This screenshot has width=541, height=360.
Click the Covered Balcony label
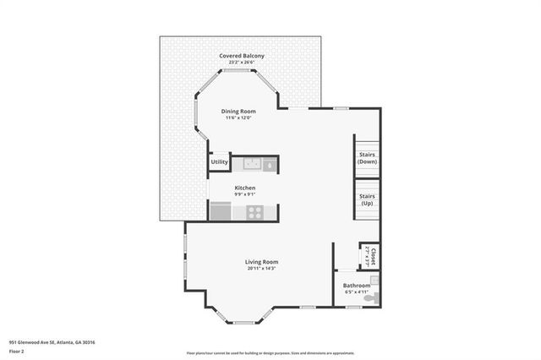[x=242, y=56]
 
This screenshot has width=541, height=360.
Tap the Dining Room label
[x=238, y=112]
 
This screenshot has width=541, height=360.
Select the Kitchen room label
[x=244, y=188]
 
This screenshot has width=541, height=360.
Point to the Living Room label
[x=262, y=262]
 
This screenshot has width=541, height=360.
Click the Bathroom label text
[x=356, y=286]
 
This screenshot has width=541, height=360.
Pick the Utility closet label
[x=219, y=161]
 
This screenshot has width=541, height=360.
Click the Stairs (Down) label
[x=367, y=159]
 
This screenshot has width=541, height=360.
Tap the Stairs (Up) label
[x=367, y=199]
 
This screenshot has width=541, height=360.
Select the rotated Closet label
[x=369, y=256]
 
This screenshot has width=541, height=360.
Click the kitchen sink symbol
[x=268, y=165]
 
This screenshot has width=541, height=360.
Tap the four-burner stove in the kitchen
[x=254, y=212]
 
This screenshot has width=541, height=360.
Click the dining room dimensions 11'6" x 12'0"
[x=238, y=118]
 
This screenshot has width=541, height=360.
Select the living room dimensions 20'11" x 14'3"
[x=262, y=269]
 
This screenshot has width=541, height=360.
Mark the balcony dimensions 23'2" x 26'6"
[x=242, y=63]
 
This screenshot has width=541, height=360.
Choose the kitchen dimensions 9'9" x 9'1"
[x=244, y=194]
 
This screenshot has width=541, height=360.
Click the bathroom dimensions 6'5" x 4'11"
[x=356, y=292]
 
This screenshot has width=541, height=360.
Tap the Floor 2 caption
[x=17, y=351]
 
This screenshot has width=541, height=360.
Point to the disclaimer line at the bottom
[x=270, y=352]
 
